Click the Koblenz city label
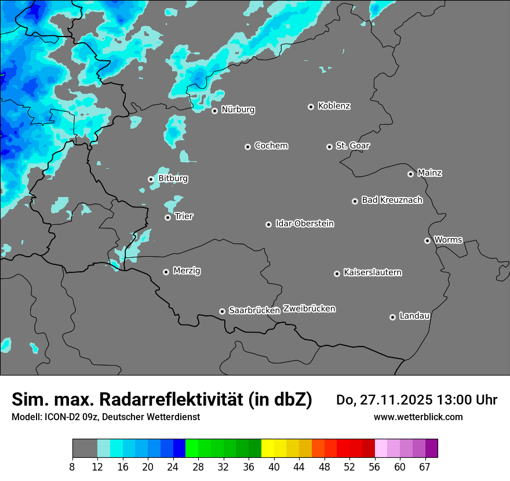[x=334, y=106]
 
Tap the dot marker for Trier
[x=168, y=217]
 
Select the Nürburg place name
[x=238, y=110]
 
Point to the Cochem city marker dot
[x=247, y=147]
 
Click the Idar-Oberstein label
[x=304, y=224]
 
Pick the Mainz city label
[x=429, y=173]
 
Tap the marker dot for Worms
[x=427, y=240]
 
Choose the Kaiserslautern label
[x=372, y=272]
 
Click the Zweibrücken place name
[x=309, y=309]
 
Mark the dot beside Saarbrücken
[x=222, y=311]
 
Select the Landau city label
[x=414, y=316]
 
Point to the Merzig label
[x=187, y=271]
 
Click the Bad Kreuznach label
[x=392, y=200]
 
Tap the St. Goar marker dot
[x=329, y=147]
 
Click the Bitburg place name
[x=173, y=178]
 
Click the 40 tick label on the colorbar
[x=274, y=467]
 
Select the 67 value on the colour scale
[x=425, y=467]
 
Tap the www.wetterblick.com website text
[x=418, y=417]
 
